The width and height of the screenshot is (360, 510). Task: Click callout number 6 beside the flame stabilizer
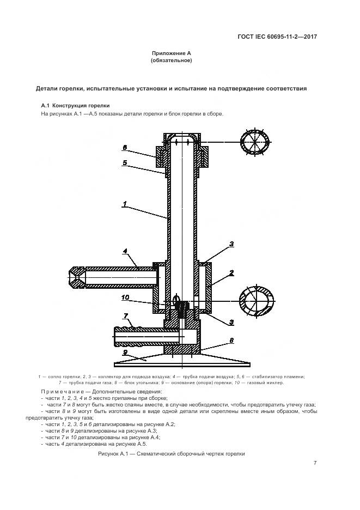[124, 147]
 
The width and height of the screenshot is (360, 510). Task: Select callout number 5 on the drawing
[124, 162]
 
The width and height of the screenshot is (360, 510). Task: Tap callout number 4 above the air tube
[125, 251]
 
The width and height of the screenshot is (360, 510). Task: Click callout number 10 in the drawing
[125, 297]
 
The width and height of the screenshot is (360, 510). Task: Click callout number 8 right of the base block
[231, 339]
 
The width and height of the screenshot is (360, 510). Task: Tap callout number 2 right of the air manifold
[231, 272]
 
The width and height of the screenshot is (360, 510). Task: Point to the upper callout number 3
[231, 244]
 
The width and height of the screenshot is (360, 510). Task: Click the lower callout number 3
[231, 322]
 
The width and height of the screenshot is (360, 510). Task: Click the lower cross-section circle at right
[255, 300]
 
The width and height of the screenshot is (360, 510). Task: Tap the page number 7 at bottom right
[315, 463]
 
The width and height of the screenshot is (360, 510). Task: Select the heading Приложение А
[171, 53]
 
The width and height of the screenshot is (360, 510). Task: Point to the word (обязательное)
[171, 60]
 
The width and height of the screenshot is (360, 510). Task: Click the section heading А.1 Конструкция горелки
[76, 105]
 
